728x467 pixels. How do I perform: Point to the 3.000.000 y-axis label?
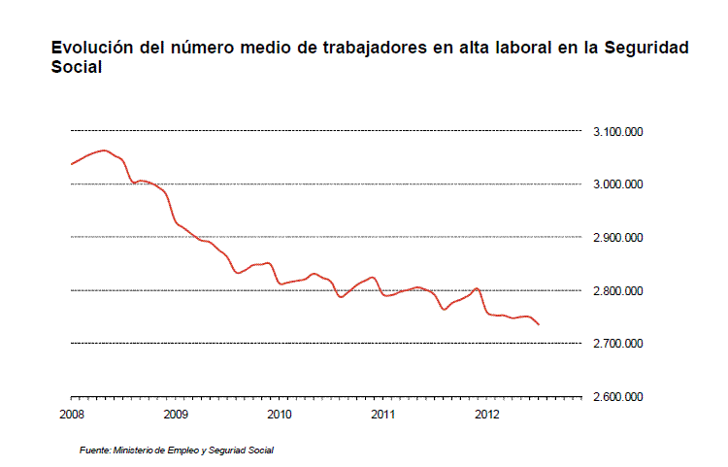point(618,184)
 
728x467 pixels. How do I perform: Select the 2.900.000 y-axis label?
point(618,238)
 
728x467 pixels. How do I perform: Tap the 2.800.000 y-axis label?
point(618,291)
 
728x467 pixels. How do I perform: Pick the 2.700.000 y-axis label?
point(618,344)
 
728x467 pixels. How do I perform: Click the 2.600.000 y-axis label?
point(618,397)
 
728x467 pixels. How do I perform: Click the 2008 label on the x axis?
point(71,415)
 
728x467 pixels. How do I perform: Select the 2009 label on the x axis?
point(175,415)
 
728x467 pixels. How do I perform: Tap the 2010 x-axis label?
point(279,415)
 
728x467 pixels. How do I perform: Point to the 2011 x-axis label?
point(382,415)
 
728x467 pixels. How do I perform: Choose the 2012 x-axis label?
point(486,415)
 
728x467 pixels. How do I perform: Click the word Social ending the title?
point(77,68)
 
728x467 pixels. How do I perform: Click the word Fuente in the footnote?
point(94,450)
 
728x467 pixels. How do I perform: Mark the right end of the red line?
point(539,324)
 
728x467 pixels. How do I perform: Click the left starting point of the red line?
point(71,164)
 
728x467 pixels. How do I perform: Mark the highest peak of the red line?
point(104,150)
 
